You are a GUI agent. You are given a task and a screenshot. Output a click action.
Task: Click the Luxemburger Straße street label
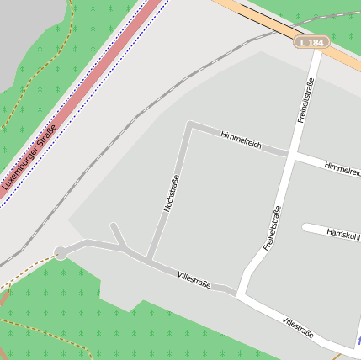(x=29, y=156)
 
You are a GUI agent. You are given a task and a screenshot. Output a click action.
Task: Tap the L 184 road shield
(x=311, y=41)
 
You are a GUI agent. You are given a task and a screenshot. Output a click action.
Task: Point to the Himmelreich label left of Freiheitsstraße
(x=241, y=140)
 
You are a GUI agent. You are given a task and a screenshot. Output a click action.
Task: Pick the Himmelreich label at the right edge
(x=342, y=169)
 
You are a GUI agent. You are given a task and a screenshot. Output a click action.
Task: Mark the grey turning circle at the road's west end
(x=61, y=252)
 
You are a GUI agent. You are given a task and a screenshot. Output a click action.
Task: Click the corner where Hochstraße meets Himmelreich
(x=190, y=125)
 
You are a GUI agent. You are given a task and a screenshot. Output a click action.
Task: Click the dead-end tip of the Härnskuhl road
(x=305, y=227)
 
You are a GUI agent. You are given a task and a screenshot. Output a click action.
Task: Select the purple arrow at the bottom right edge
(x=358, y=341)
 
